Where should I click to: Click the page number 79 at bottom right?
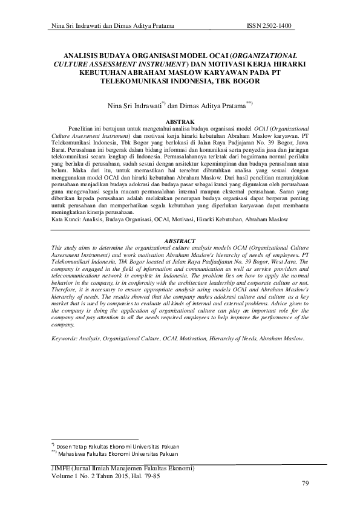305,483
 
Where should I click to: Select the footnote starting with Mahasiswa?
119,453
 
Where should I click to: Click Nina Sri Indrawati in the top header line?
77,25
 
